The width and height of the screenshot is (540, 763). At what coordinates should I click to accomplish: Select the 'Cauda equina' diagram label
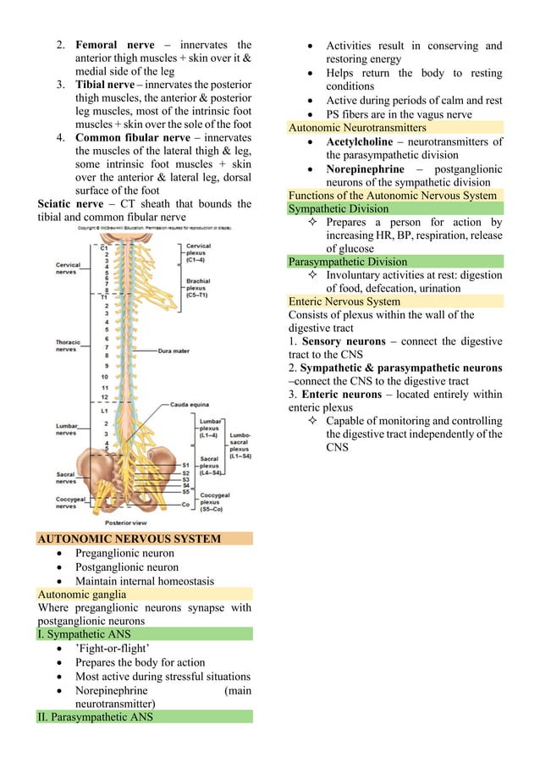click(x=188, y=405)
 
